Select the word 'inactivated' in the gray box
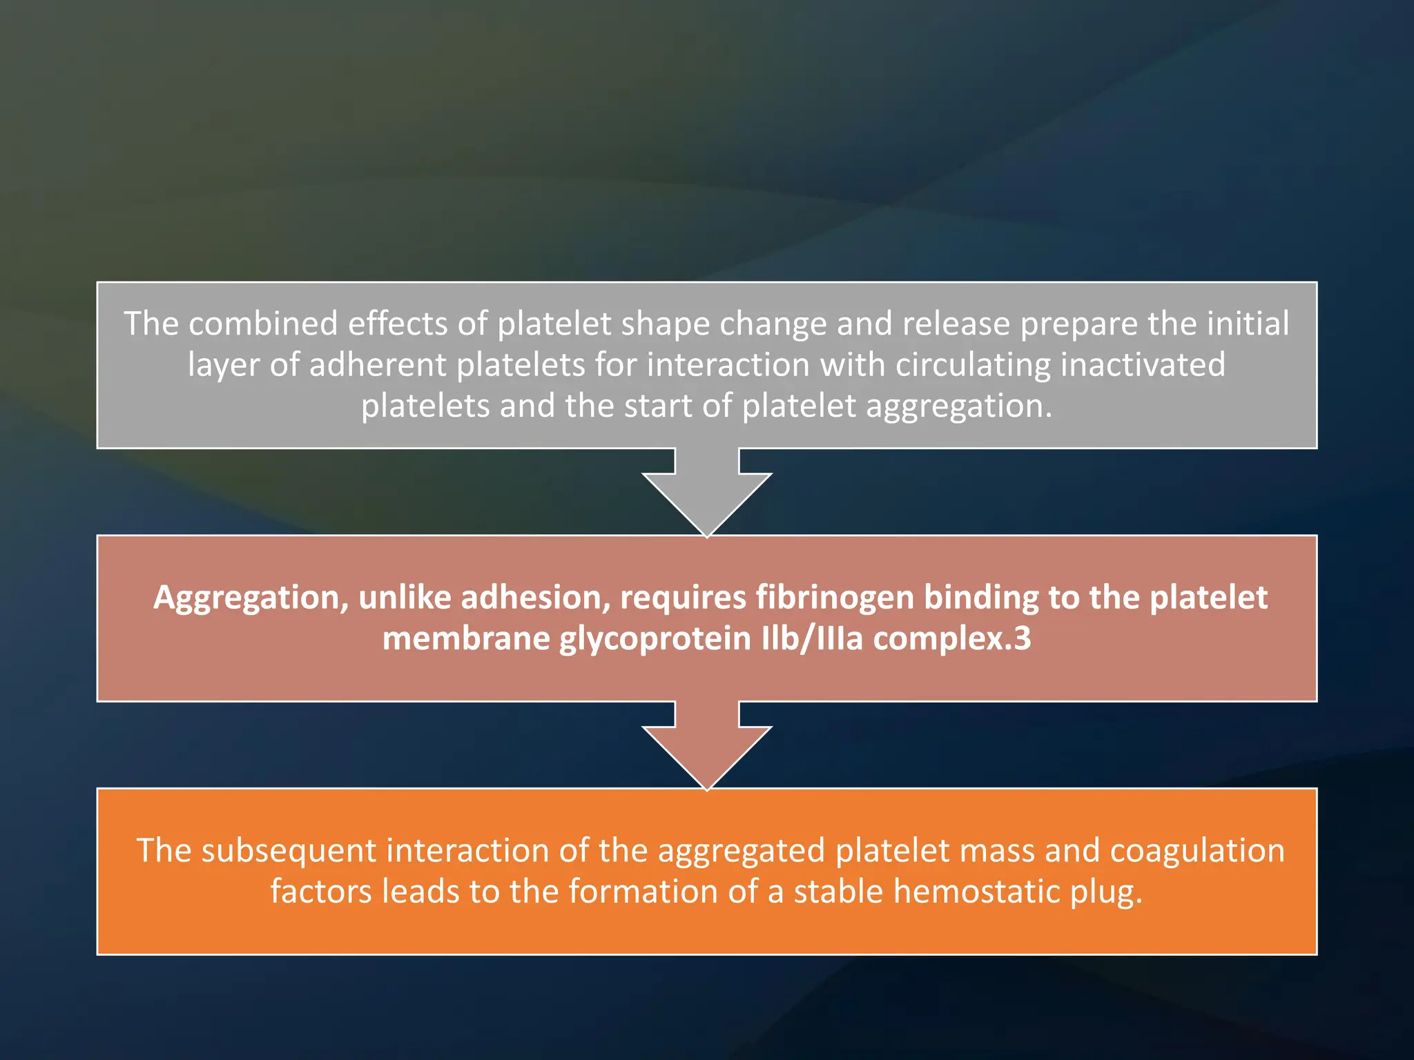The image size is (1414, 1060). pyautogui.click(x=1142, y=364)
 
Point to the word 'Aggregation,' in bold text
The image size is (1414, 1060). pyautogui.click(x=250, y=598)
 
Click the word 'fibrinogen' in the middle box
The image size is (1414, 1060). pyautogui.click(x=835, y=598)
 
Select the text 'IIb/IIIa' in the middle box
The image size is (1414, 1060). pyautogui.click(x=812, y=638)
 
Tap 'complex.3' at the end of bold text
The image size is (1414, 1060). pyautogui.click(x=952, y=638)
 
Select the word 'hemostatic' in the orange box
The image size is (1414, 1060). pyautogui.click(x=976, y=892)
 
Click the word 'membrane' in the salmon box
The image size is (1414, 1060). pyautogui.click(x=465, y=638)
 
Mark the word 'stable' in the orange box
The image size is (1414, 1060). pyautogui.click(x=838, y=892)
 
